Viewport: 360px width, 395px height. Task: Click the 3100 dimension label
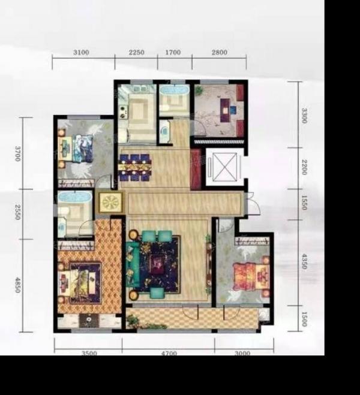[x=81, y=52]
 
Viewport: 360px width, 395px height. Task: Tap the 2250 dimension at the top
[x=137, y=52]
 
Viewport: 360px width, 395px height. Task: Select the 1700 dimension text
[x=173, y=52]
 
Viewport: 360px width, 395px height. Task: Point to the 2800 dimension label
[x=220, y=52]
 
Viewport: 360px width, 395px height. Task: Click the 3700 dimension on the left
[x=17, y=153]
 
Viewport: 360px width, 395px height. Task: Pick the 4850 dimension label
[x=17, y=285]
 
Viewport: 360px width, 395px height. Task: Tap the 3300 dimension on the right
[x=304, y=116]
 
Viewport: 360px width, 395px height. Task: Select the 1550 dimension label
[x=304, y=203]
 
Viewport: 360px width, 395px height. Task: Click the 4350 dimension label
[x=304, y=261]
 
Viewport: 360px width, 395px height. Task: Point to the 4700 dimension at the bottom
[x=169, y=353]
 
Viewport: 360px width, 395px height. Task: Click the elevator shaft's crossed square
[x=225, y=167]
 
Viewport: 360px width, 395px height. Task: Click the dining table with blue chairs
[x=136, y=167]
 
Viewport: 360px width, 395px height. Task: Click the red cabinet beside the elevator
[x=196, y=169]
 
